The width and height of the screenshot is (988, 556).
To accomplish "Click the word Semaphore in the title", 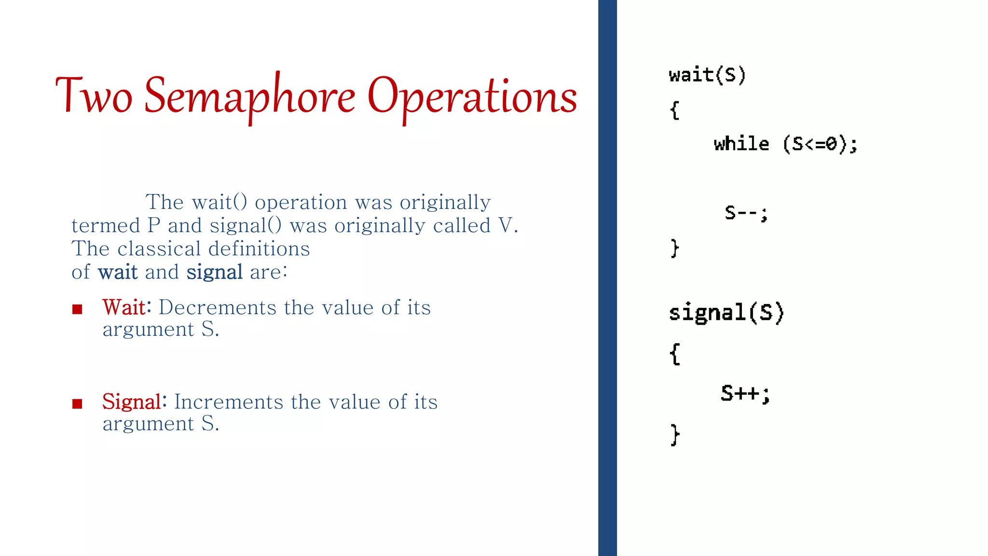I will point(249,97).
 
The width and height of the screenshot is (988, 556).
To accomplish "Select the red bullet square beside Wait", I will point(77,309).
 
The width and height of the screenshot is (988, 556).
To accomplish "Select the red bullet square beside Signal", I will point(77,403).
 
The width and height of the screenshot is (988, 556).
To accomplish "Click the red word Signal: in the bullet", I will point(134,402).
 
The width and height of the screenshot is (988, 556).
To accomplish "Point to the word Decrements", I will point(218,307).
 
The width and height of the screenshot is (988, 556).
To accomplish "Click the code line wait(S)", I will point(707,75).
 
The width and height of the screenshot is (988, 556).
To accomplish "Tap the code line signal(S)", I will point(726,313).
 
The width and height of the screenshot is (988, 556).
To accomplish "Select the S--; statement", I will point(745,213).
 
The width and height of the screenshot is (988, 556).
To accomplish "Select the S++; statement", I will point(745,393).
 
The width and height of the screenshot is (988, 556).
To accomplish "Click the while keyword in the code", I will point(741,144).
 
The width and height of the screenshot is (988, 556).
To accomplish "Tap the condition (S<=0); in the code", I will point(820,144).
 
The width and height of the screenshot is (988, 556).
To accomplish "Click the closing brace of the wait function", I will point(675,248).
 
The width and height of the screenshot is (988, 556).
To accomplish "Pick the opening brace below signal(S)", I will point(675,354).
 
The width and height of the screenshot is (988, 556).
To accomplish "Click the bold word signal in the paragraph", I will point(214,272).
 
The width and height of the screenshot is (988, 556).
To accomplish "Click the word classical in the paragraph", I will point(159,249).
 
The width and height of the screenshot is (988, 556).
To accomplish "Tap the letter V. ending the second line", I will point(508,225).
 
